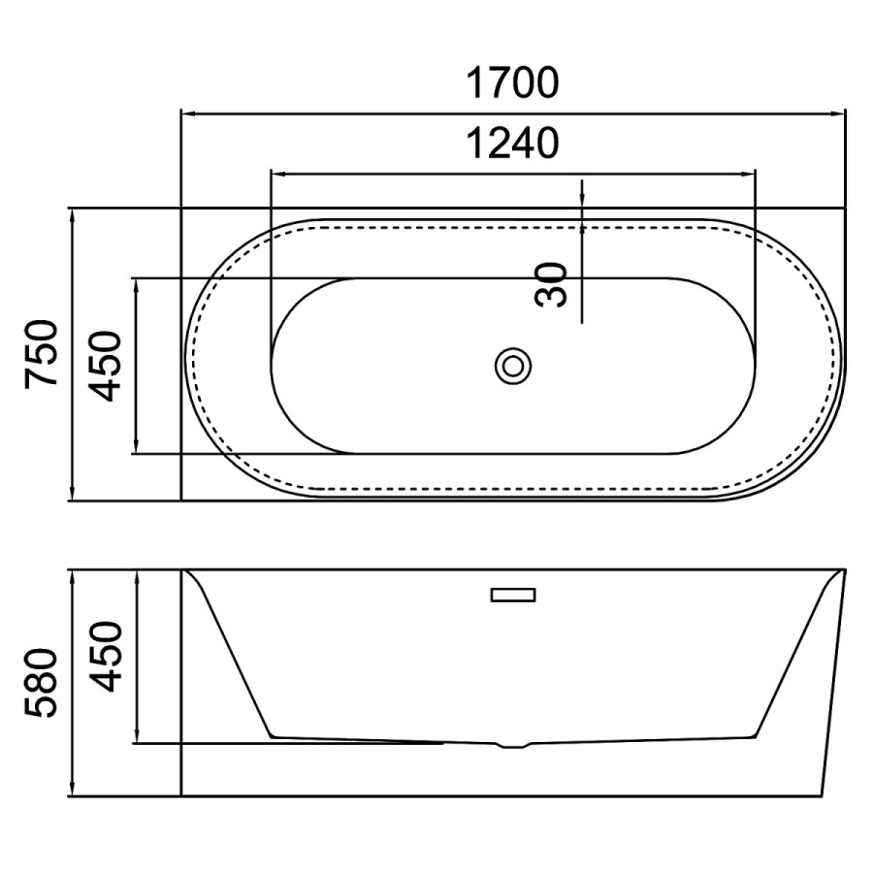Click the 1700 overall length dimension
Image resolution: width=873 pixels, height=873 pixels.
coord(511,83)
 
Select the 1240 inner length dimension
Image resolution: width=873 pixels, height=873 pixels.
coord(511,144)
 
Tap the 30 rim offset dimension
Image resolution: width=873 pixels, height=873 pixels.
coord(551,284)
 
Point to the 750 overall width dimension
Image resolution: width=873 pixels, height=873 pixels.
coord(41,353)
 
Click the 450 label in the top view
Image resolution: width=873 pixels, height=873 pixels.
coord(105,366)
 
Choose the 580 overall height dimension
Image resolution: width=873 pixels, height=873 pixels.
coord(41,683)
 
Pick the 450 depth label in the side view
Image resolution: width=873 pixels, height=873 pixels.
coord(105,657)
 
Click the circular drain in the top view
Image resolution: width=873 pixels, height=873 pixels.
coord(513,366)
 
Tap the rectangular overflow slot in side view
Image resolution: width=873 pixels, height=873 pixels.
coord(513,595)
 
